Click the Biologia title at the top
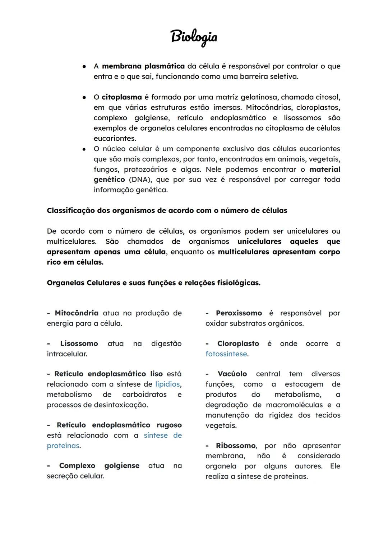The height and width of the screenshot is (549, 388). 194,37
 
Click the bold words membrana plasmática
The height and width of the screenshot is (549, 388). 143,66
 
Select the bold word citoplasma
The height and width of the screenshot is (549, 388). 121,97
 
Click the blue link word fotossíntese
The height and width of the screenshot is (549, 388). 226,354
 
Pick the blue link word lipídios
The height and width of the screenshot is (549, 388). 167,384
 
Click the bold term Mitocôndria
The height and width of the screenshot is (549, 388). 77,313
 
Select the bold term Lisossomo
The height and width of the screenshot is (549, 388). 79,344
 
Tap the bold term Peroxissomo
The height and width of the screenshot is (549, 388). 239,313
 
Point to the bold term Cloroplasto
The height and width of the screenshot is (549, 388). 238,344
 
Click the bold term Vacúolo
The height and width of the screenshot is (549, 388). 232,374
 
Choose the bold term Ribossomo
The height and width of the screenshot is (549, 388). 235,446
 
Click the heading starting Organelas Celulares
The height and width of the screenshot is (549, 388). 153,283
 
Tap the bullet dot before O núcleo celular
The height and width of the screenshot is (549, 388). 83,149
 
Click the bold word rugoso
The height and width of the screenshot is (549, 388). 169,425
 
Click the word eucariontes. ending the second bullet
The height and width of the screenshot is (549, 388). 115,139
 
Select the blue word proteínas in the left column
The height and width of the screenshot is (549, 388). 63,446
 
